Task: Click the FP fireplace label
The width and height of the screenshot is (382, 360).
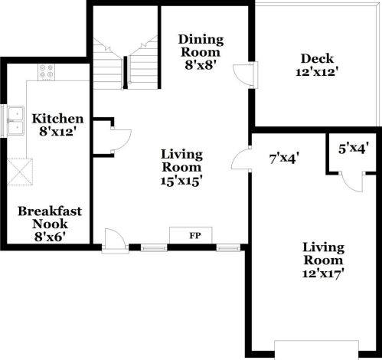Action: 194,235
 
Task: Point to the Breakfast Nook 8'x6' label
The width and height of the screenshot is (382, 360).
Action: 51,223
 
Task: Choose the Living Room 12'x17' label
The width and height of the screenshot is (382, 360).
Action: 323,260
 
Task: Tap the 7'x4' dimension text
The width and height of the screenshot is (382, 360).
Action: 283,159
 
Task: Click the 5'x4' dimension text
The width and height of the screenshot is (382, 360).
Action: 354,150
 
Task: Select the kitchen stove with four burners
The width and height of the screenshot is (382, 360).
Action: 47,72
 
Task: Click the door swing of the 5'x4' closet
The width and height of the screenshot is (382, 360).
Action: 351,181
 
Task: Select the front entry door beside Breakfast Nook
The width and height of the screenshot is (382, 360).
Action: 112,239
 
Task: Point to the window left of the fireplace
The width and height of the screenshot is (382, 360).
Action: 154,247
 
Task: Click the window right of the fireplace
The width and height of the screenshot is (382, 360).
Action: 227,247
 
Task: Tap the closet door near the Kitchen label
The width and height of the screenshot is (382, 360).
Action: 119,138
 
